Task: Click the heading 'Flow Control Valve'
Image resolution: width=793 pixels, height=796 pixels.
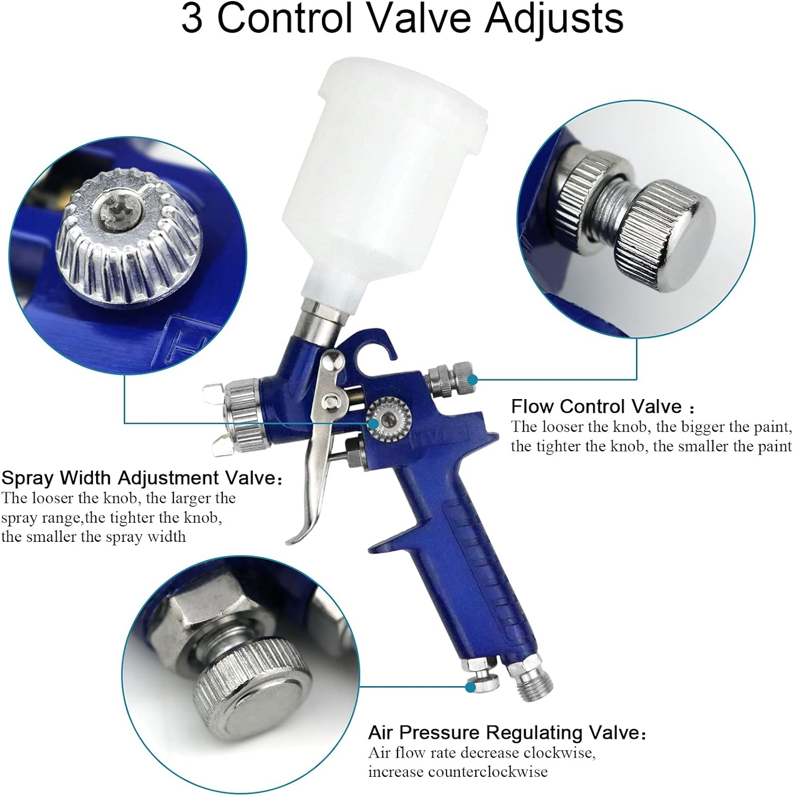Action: click(x=596, y=406)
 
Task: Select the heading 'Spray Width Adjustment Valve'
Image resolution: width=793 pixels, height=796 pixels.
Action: click(x=138, y=478)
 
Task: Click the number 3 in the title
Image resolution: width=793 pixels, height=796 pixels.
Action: click(x=191, y=19)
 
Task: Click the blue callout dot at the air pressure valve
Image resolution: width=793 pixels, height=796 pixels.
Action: click(x=470, y=687)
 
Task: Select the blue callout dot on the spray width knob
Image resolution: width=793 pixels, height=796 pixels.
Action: click(x=374, y=423)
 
